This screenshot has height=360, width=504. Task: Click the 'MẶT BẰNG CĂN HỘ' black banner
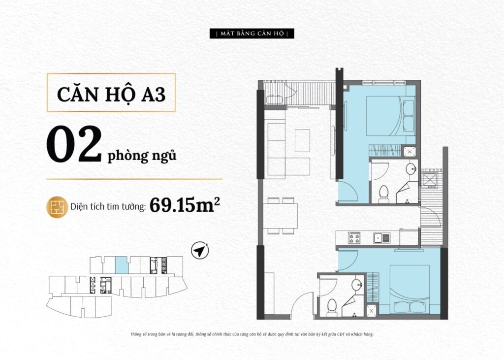[252, 33]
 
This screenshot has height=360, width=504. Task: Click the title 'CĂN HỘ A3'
[111, 94]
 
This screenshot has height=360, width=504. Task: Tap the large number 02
[74, 144]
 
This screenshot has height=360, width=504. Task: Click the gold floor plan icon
[57, 207]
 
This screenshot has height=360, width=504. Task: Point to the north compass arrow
[200, 250]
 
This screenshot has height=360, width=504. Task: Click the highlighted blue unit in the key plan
[122, 265]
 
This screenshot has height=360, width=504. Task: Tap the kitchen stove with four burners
[354, 237]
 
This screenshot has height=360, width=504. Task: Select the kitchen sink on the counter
[382, 238]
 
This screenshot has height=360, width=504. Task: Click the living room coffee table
[302, 140]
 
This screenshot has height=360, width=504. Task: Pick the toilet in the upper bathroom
[383, 194]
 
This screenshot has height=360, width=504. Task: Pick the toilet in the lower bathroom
[332, 308]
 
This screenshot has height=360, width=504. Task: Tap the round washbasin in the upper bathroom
[411, 168]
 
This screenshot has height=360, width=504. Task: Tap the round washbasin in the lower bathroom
[357, 284]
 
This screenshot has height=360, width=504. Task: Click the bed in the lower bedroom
[410, 289]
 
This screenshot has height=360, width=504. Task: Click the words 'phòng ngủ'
[142, 156]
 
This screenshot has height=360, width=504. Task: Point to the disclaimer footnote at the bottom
[252, 334]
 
